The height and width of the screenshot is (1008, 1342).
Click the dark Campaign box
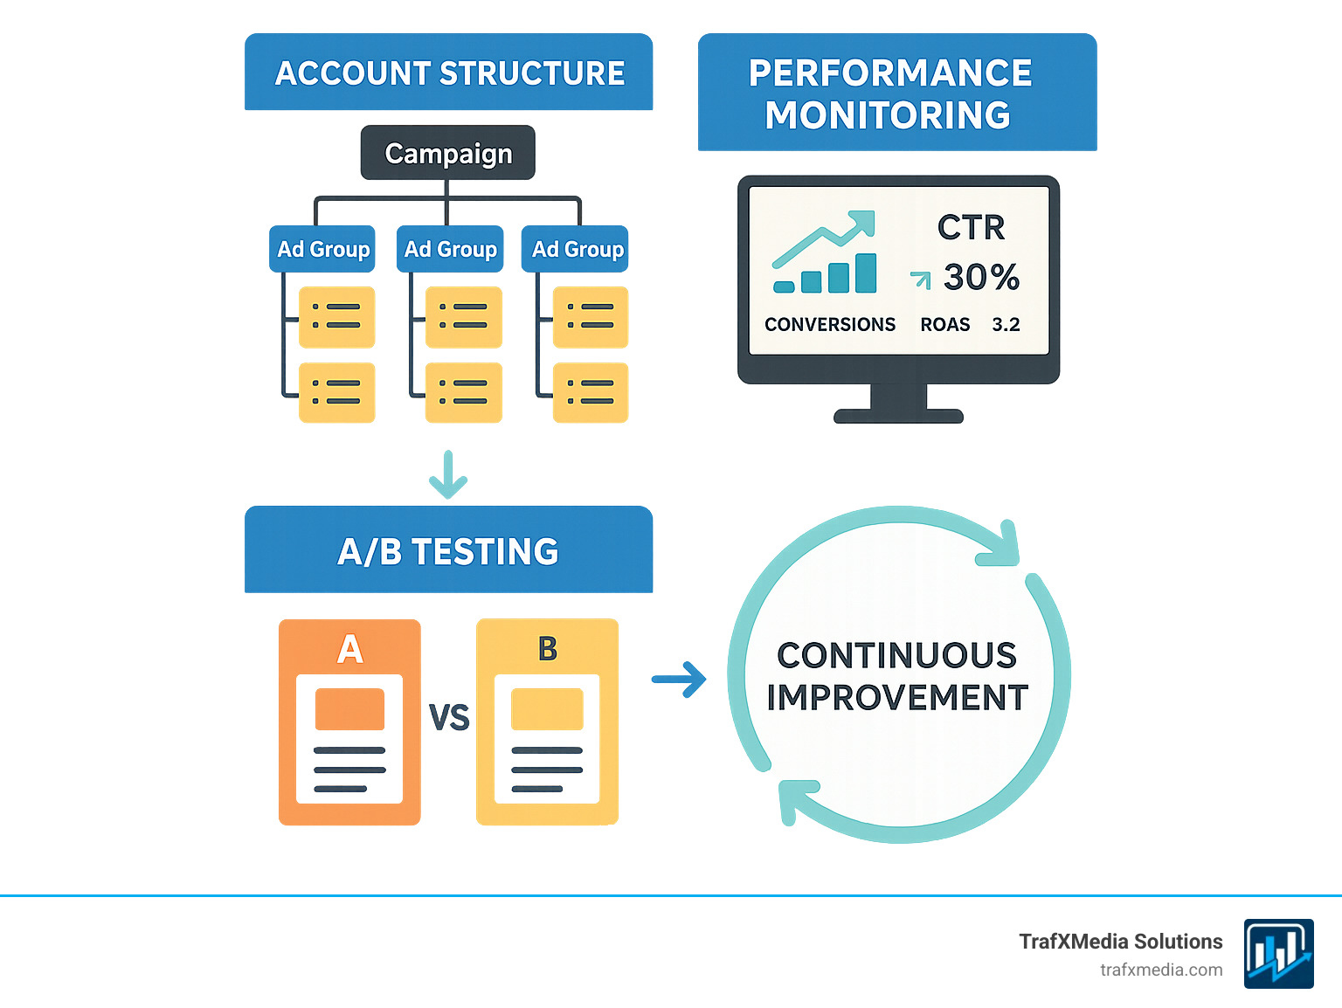(x=447, y=153)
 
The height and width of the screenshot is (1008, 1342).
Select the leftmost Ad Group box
(x=322, y=249)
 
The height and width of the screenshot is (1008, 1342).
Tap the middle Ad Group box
(x=450, y=249)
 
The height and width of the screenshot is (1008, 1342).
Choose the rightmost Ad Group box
(x=577, y=249)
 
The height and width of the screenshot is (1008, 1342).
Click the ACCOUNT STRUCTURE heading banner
(x=449, y=72)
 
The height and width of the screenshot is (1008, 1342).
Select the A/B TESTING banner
(x=448, y=551)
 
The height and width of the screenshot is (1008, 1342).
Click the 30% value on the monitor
(x=981, y=278)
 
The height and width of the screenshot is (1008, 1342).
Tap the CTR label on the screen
(x=971, y=228)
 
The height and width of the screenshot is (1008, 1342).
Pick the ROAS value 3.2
(x=1006, y=325)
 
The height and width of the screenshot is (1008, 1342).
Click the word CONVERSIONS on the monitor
(x=829, y=325)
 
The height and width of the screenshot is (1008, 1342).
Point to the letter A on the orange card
(x=349, y=649)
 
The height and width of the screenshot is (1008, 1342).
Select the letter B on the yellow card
(x=548, y=649)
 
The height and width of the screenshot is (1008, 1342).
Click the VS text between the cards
(x=449, y=718)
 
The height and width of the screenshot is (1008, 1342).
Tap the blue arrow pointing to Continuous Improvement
(x=680, y=680)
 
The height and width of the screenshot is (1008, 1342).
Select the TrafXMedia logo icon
(x=1278, y=953)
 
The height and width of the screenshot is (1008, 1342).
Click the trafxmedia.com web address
(x=1160, y=970)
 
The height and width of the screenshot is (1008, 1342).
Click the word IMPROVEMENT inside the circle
(x=897, y=698)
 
